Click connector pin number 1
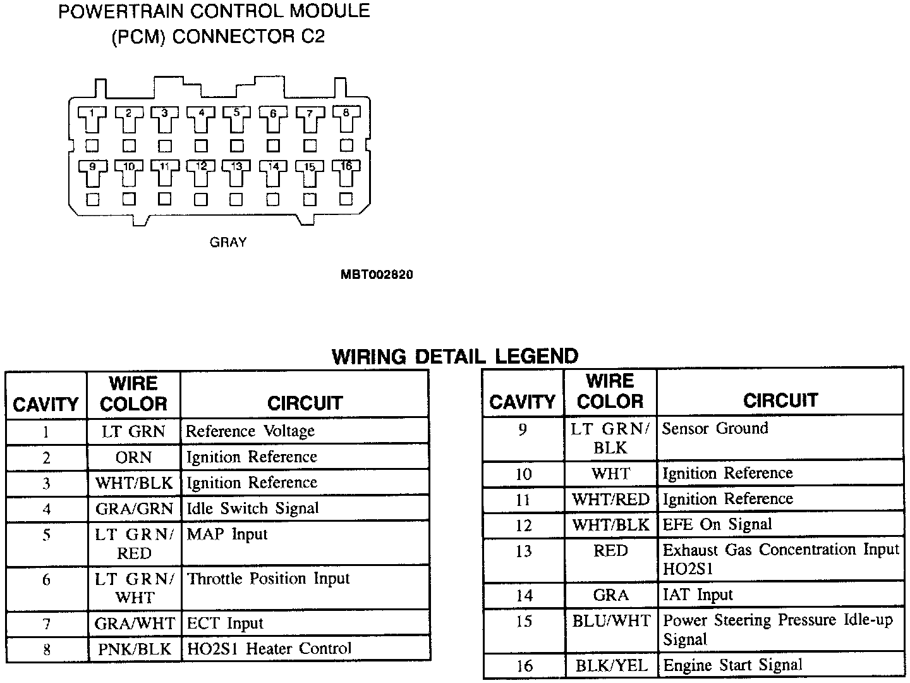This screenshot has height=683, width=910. pos(92,114)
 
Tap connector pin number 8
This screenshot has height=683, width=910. pos(346,113)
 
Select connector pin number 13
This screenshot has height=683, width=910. pos(236,167)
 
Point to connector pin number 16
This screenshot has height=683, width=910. pos(346,166)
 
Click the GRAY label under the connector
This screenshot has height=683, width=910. pos(228,242)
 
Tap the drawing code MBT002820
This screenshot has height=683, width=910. pos(377,274)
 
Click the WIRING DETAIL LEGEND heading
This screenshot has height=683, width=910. pos(455,357)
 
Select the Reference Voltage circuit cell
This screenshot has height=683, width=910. pos(250,431)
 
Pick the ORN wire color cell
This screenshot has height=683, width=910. pos(133,457)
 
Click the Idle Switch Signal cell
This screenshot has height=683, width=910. pos(253,508)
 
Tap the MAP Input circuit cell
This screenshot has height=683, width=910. pos(227,534)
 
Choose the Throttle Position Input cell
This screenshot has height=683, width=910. pos(269,579)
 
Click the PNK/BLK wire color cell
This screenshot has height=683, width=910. pos(134,649)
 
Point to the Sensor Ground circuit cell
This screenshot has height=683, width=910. pos(715,428)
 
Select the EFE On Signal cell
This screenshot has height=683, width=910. pos(717,524)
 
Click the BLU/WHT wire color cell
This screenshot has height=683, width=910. pos(611,621)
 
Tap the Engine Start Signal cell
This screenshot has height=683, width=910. pos(732,665)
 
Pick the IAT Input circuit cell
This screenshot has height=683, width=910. pos(698,595)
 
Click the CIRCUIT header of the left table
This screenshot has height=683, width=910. pos(305,403)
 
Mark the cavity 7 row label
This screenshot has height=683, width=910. pos(46,624)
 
